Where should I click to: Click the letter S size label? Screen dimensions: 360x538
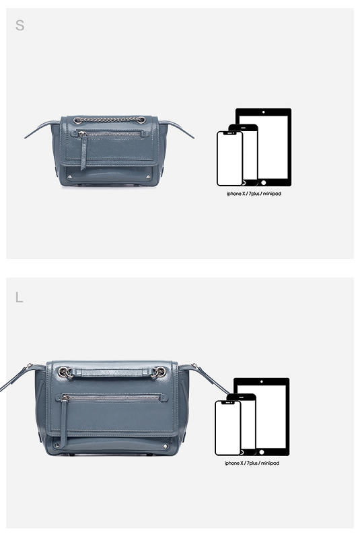click(20, 26)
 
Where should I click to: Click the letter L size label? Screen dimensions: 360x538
click(20, 297)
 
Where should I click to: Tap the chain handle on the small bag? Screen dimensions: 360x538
click(110, 120)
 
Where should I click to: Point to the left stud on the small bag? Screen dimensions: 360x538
click(70, 177)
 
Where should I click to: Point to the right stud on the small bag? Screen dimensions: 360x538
click(148, 177)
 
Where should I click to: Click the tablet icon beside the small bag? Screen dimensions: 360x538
click(263, 147)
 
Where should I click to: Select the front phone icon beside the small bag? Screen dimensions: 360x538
click(229, 159)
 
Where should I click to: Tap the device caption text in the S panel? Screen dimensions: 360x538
click(254, 194)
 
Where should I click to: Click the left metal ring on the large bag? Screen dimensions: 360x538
click(64, 372)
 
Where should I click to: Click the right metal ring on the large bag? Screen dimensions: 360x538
click(159, 372)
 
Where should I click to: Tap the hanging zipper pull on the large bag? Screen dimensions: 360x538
click(63, 422)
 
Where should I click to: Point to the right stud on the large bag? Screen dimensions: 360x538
click(166, 447)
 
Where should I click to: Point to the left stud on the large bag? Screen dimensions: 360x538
click(57, 446)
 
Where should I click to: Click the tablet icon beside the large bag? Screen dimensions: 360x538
click(262, 416)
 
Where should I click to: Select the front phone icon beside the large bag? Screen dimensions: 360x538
click(228, 428)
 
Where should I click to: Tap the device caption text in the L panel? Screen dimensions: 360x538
click(252, 463)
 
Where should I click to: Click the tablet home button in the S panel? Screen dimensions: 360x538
click(263, 182)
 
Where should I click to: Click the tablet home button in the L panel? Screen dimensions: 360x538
click(262, 452)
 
